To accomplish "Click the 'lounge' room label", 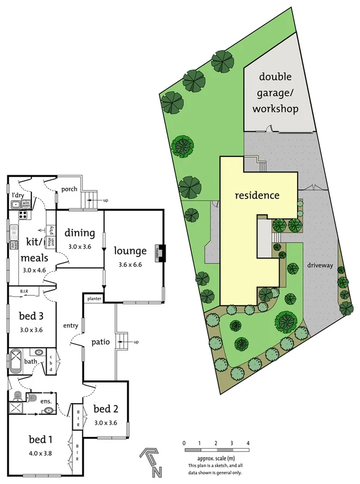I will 130,251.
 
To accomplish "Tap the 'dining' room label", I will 80,233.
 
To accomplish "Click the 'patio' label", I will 101,342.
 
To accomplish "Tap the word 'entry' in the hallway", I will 71,326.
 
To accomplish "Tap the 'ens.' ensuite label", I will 46,401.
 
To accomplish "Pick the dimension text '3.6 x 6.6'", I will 130,265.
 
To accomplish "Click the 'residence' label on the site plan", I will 257,195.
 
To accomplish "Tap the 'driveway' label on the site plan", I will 319,265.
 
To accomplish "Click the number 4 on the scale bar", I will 248,443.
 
